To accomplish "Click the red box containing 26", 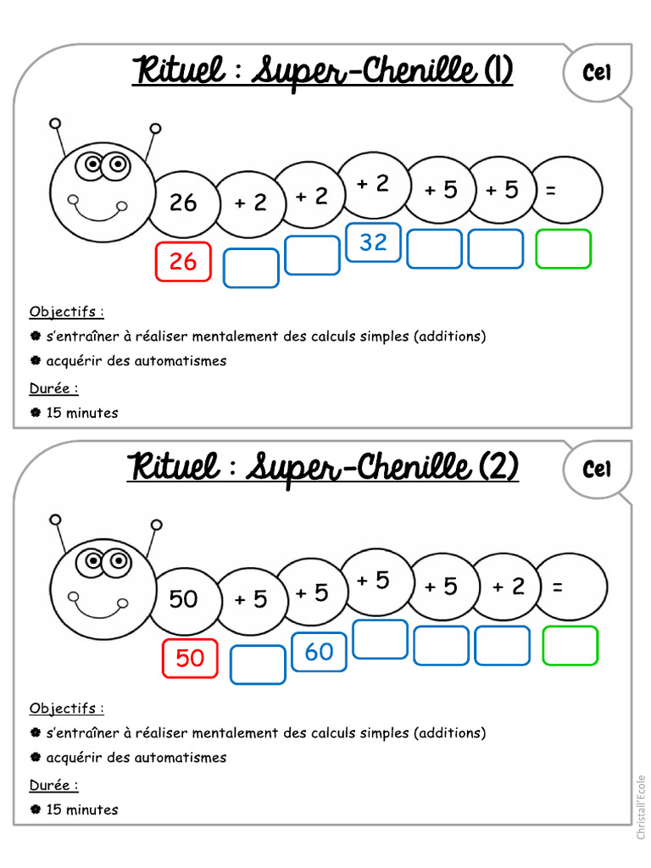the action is coord(182,262).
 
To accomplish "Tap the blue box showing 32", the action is coord(373,242).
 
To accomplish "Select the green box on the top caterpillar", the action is coord(563,249).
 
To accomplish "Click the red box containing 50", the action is coord(190,659).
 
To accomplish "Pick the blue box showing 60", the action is coord(319,652).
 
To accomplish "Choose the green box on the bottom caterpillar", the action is coord(570,646).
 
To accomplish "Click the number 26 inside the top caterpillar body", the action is coord(182,203).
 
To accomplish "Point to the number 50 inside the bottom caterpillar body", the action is coord(183,599).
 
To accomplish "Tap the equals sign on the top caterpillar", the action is coord(551,192).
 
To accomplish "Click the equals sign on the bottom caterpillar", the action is coord(557,587).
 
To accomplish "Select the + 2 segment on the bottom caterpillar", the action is coord(509,587).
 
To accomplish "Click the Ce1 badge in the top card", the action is coord(597,74).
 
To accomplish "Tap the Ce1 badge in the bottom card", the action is coord(597,469).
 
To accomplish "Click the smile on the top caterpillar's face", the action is coord(97,209).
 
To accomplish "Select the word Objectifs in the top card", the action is coord(66,311).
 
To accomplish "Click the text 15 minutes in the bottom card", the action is coord(82,810).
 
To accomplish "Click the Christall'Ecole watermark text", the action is coord(641,807).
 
